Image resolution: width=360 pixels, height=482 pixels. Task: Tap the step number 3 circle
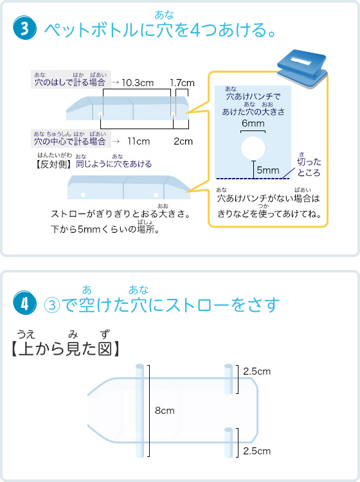(24, 28)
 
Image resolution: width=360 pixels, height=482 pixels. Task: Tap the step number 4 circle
(24, 303)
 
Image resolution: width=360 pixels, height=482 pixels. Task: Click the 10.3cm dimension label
(138, 83)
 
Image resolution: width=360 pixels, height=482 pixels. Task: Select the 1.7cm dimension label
(183, 83)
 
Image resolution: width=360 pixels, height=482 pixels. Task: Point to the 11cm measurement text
(139, 141)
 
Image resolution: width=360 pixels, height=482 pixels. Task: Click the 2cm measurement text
(183, 141)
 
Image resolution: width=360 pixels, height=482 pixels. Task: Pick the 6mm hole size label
(253, 123)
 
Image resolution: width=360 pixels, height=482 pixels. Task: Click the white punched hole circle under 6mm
(253, 148)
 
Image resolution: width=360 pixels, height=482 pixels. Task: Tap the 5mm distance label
(268, 170)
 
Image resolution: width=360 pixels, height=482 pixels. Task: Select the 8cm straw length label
(165, 411)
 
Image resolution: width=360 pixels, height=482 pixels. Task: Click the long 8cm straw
(140, 411)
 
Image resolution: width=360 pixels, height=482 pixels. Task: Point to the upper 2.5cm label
(257, 371)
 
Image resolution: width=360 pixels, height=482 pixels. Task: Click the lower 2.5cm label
(257, 451)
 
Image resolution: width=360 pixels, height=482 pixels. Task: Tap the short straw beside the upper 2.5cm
(228, 379)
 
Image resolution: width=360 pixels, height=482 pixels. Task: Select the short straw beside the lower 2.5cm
(228, 443)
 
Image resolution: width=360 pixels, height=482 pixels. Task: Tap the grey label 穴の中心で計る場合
(71, 139)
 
